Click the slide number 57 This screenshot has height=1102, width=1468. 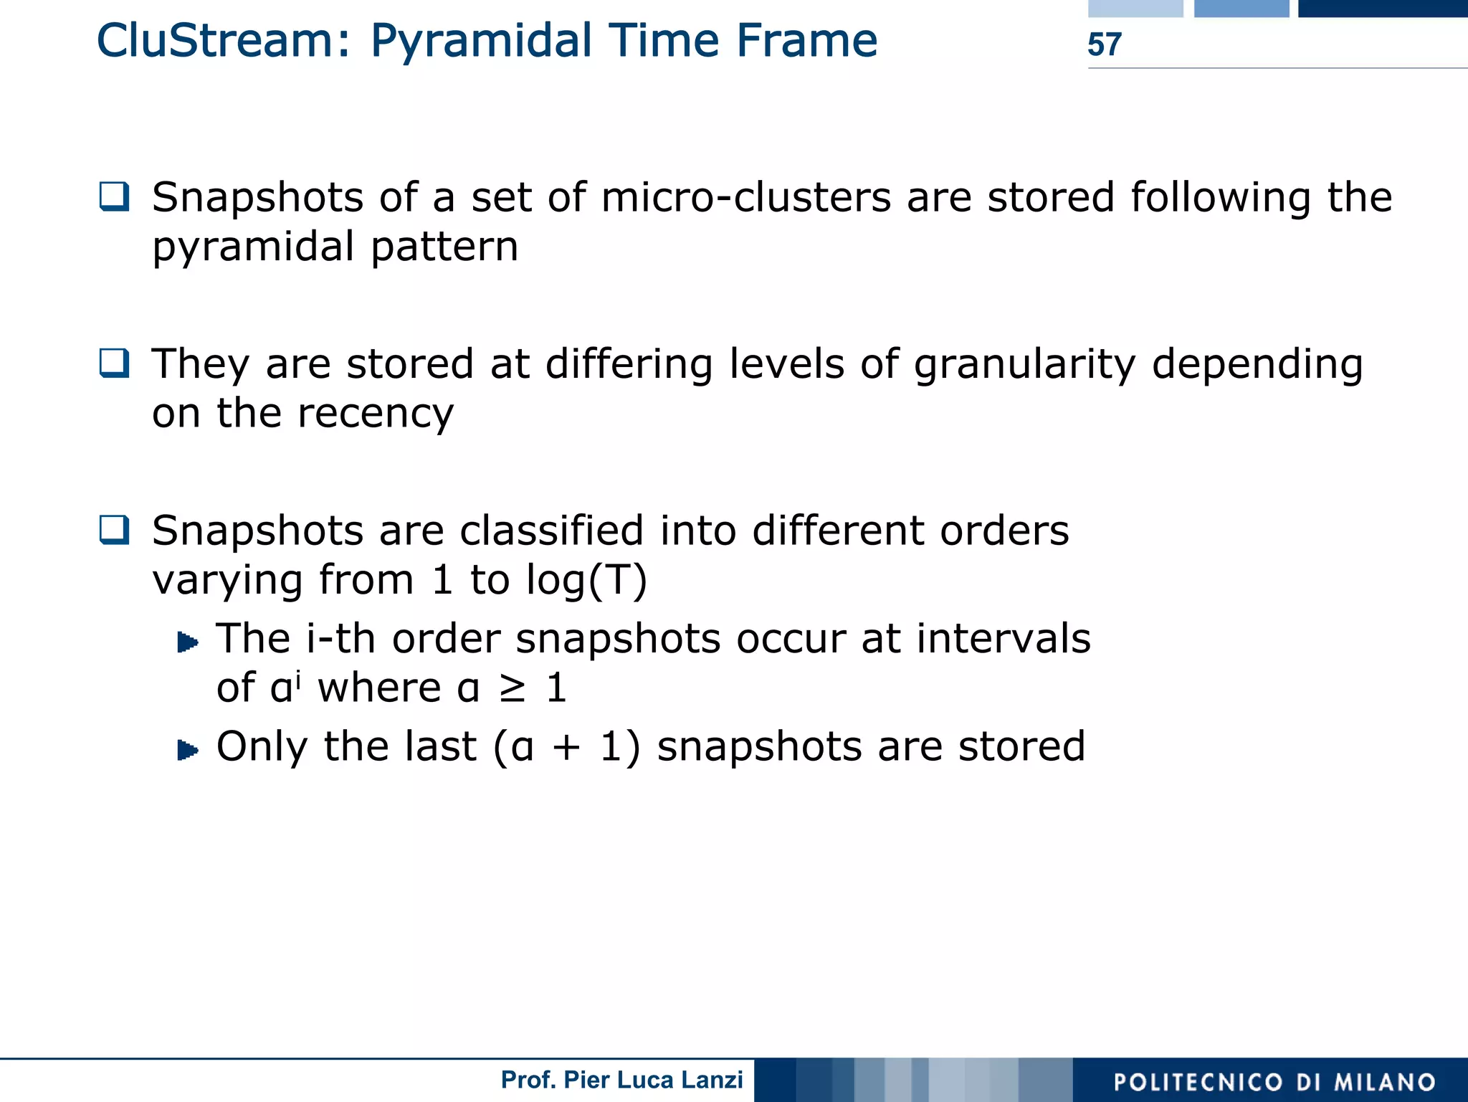pyautogui.click(x=1104, y=44)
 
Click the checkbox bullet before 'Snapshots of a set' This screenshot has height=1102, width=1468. pyautogui.click(x=115, y=196)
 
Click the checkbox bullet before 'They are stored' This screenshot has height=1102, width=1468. pyautogui.click(x=115, y=363)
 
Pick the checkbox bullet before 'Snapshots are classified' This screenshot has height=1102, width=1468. pyautogui.click(x=115, y=530)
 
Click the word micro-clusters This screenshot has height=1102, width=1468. pyautogui.click(x=745, y=197)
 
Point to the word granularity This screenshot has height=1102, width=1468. pyautogui.click(x=1024, y=364)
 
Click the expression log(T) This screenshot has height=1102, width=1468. pyautogui.click(x=586, y=580)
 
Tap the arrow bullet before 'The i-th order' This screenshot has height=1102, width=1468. pyautogui.click(x=188, y=642)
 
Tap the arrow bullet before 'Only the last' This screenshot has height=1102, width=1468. pyautogui.click(x=188, y=750)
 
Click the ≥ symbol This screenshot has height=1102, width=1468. pyautogui.click(x=513, y=688)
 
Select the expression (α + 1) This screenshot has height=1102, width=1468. pyautogui.click(x=566, y=747)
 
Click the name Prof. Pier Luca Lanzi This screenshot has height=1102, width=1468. pyautogui.click(x=621, y=1080)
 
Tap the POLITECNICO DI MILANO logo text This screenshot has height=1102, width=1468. pyautogui.click(x=1274, y=1082)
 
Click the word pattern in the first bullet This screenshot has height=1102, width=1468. pyautogui.click(x=444, y=247)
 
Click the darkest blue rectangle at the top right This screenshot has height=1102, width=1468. pyautogui.click(x=1382, y=8)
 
